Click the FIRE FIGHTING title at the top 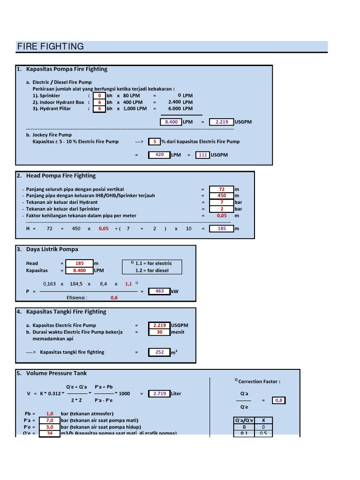click(x=51, y=46)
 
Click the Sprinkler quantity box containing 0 click(x=99, y=95)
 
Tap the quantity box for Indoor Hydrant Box click(x=99, y=102)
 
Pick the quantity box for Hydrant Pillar click(x=99, y=108)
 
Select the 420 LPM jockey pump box click(x=159, y=155)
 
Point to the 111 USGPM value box click(x=202, y=155)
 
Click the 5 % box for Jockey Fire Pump click(x=154, y=141)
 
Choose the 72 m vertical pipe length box click(x=222, y=189)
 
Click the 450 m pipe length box click(x=222, y=195)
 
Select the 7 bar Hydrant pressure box click(x=222, y=202)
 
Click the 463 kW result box click(x=159, y=291)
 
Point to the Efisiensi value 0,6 click(x=114, y=298)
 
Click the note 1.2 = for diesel click(x=152, y=270)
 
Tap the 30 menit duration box click(x=159, y=332)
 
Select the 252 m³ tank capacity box click(x=159, y=352)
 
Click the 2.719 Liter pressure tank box click(x=159, y=394)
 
